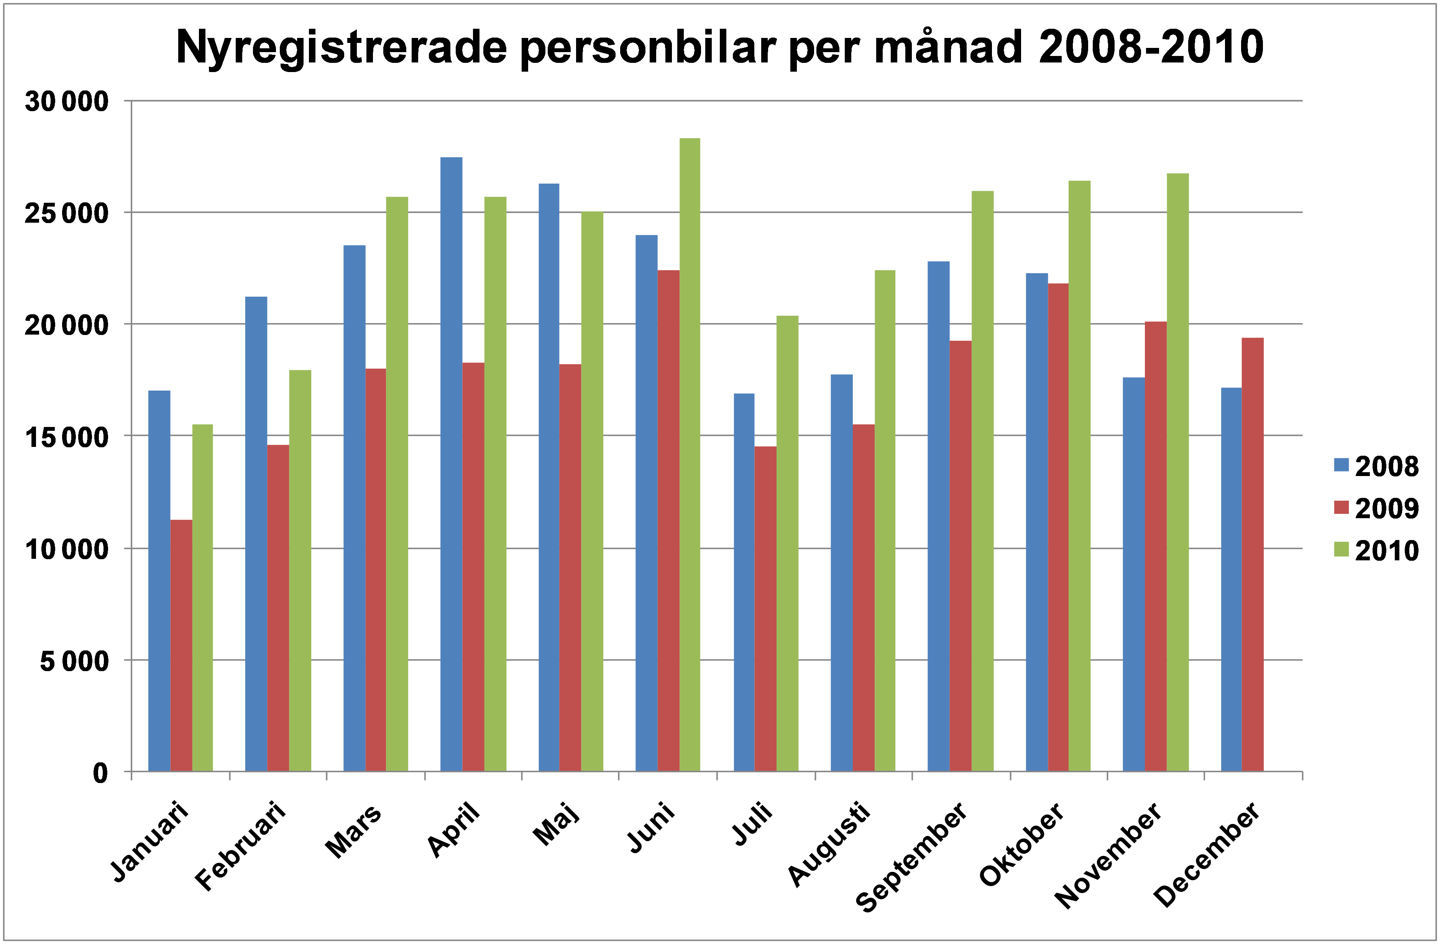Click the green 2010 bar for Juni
pyautogui.click(x=690, y=454)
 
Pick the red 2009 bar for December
pyautogui.click(x=1253, y=554)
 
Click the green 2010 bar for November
pyautogui.click(x=1177, y=472)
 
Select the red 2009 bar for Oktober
pyautogui.click(x=1058, y=527)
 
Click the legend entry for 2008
pyautogui.click(x=1376, y=466)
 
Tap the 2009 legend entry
pyautogui.click(x=1376, y=508)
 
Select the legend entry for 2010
pyautogui.click(x=1376, y=551)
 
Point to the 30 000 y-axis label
pyautogui.click(x=67, y=102)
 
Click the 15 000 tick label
pyautogui.click(x=67, y=437)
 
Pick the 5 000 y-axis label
pyautogui.click(x=74, y=661)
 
